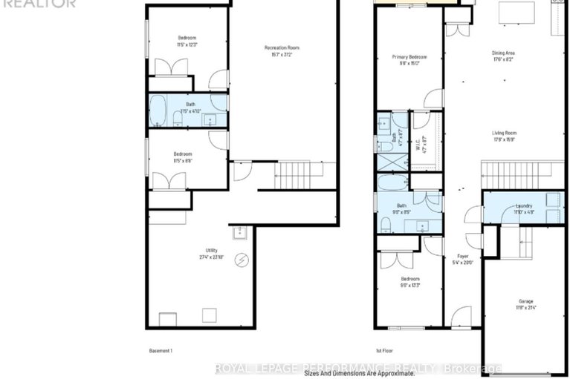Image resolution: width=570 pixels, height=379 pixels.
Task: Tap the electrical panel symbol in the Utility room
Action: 242,260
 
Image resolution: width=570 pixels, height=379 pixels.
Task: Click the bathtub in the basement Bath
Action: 158,112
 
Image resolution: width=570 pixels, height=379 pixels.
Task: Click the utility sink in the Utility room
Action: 240,234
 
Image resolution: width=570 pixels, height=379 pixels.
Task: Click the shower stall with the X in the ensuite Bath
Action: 391,162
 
